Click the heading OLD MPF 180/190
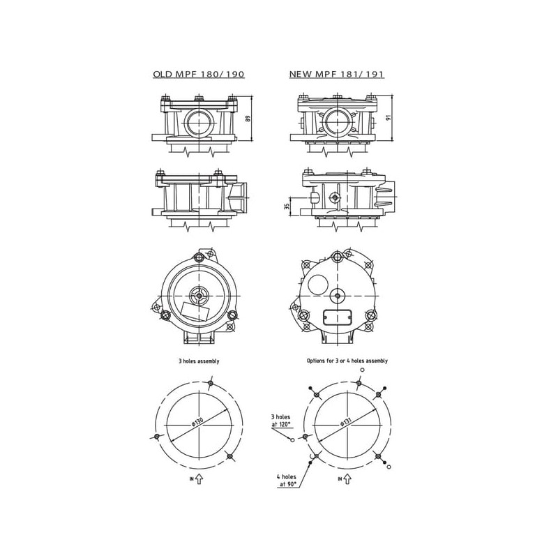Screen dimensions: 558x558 [x=199, y=74]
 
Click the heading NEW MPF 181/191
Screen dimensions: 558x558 [x=337, y=74]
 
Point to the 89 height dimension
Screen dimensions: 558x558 [x=248, y=118]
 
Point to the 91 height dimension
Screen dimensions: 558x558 [x=389, y=117]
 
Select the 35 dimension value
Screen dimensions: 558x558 [x=287, y=206]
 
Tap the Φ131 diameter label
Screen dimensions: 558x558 [x=345, y=421]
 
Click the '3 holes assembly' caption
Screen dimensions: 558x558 [x=199, y=361]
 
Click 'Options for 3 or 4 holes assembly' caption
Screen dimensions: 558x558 [x=347, y=361]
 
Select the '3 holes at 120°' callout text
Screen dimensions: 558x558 [x=281, y=420]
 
